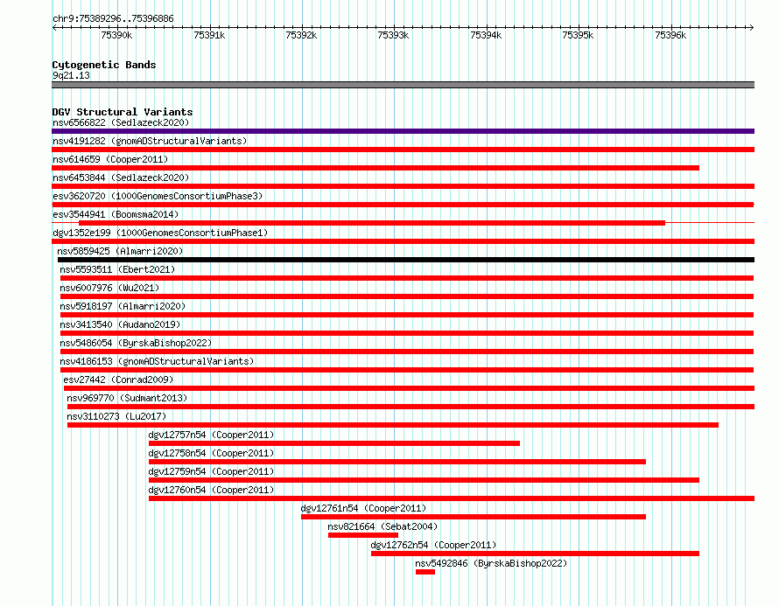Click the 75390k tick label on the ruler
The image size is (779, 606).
(116, 35)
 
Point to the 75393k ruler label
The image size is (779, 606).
(393, 35)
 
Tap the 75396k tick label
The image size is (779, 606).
(670, 35)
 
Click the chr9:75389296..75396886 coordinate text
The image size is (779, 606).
(113, 19)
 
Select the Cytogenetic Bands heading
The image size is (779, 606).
(104, 65)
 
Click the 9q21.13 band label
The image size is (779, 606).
(71, 75)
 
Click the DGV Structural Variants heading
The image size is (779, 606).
(123, 112)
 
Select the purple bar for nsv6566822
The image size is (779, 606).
(403, 131)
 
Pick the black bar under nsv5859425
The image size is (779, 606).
(406, 260)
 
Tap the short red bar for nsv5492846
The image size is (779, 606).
(425, 572)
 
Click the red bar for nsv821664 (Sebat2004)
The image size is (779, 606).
(363, 535)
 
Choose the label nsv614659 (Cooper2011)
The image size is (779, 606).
(110, 159)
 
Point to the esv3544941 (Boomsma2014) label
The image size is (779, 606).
(116, 214)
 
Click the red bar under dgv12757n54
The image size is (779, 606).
(334, 443)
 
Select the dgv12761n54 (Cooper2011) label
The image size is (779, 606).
(363, 508)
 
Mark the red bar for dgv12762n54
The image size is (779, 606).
(535, 554)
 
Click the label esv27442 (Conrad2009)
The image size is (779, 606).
(118, 380)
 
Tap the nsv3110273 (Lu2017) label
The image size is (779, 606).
(116, 416)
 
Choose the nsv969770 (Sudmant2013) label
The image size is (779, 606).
(127, 398)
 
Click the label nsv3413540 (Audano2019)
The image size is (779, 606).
(120, 324)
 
